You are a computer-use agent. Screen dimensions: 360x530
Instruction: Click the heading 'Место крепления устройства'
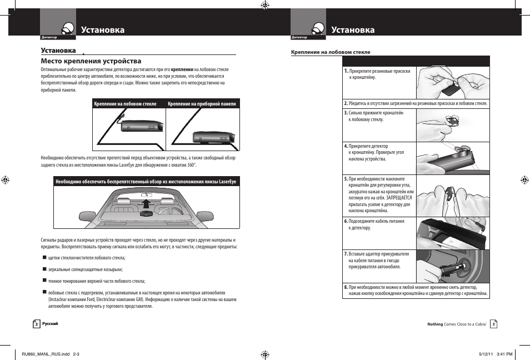coord(91,61)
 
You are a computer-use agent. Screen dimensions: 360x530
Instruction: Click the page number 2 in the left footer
coord(37,324)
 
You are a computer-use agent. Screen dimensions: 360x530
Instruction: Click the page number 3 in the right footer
coord(493,324)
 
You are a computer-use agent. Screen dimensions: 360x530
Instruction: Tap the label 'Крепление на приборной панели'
coord(202,104)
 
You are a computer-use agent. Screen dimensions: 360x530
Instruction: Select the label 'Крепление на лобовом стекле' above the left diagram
coord(126,104)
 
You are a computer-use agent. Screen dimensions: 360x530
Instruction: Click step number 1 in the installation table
coord(346,71)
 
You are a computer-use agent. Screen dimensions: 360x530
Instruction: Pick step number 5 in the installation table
coord(346,179)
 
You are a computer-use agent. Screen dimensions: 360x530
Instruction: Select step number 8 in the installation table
coord(346,287)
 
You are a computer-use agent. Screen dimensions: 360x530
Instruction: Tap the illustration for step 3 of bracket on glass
coord(453,125)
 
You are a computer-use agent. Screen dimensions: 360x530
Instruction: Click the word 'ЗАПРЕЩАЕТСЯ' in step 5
coord(398,197)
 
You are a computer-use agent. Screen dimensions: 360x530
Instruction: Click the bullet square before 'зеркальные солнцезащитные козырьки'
coord(44,269)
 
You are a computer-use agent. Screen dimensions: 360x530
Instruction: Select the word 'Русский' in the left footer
coord(51,324)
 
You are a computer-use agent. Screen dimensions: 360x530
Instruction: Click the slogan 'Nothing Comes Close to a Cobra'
coord(456,324)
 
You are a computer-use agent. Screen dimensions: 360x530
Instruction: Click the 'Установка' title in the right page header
coord(353,30)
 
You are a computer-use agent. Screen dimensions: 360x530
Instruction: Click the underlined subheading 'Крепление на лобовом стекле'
coord(331,52)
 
